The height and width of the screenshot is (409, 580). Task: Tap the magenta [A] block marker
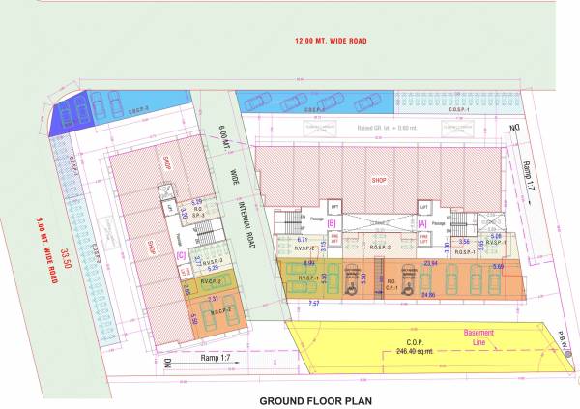click(x=422, y=223)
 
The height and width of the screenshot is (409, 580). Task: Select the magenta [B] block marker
click(x=331, y=223)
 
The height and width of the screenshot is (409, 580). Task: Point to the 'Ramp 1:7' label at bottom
click(x=211, y=357)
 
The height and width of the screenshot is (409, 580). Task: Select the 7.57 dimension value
click(x=314, y=304)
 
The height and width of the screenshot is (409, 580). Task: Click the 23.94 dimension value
click(x=430, y=262)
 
